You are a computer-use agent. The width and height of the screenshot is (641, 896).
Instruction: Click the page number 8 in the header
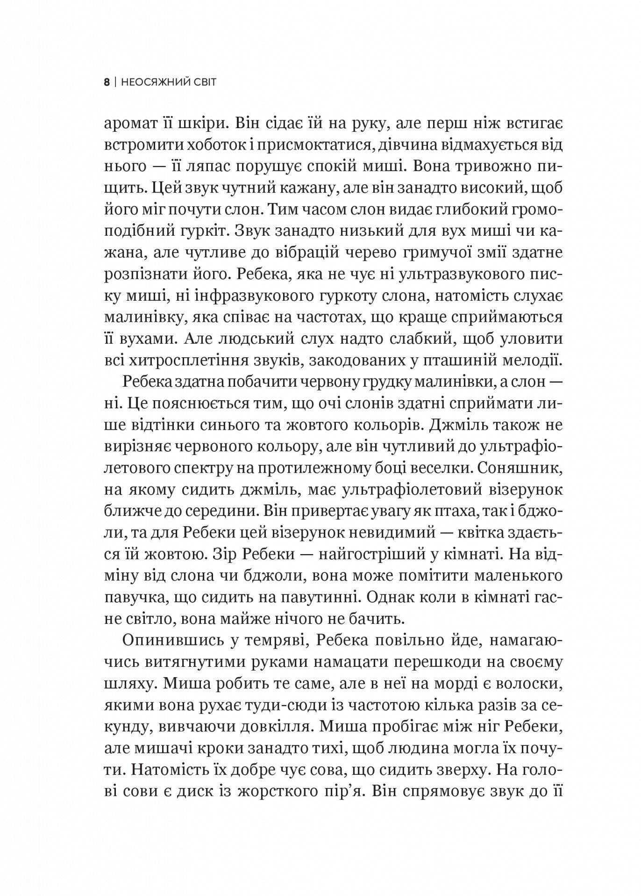coord(107,83)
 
